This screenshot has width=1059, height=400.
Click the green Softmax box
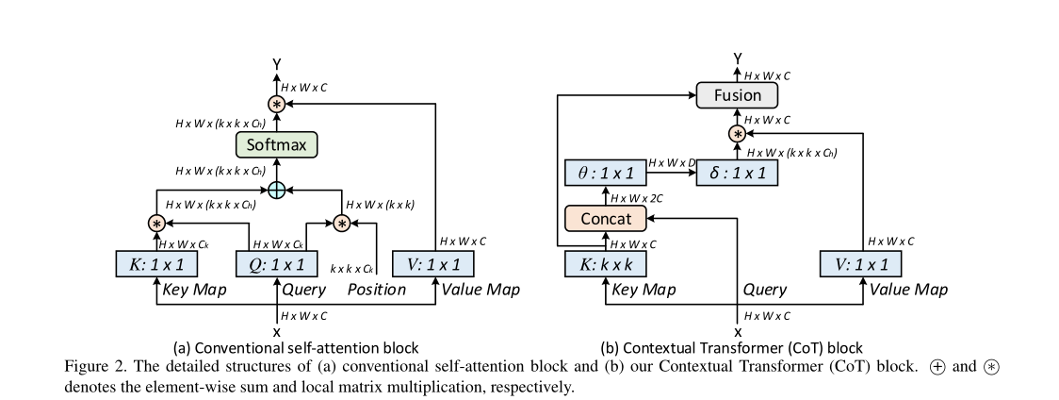pyautogui.click(x=276, y=145)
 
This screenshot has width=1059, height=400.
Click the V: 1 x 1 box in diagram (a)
pyautogui.click(x=437, y=265)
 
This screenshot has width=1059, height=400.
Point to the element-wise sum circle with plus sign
pyautogui.click(x=276, y=191)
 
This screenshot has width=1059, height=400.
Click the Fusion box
pyautogui.click(x=738, y=95)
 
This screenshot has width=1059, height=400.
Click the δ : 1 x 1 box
pyautogui.click(x=738, y=174)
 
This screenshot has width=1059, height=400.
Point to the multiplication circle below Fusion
pyautogui.click(x=738, y=135)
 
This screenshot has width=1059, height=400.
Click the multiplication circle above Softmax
pyautogui.click(x=276, y=104)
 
